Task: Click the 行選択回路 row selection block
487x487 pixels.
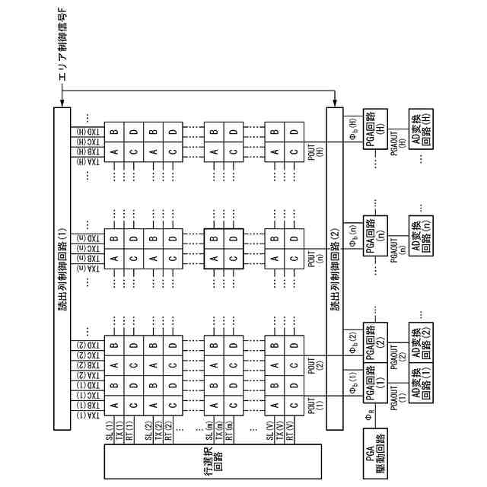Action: click(x=212, y=460)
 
